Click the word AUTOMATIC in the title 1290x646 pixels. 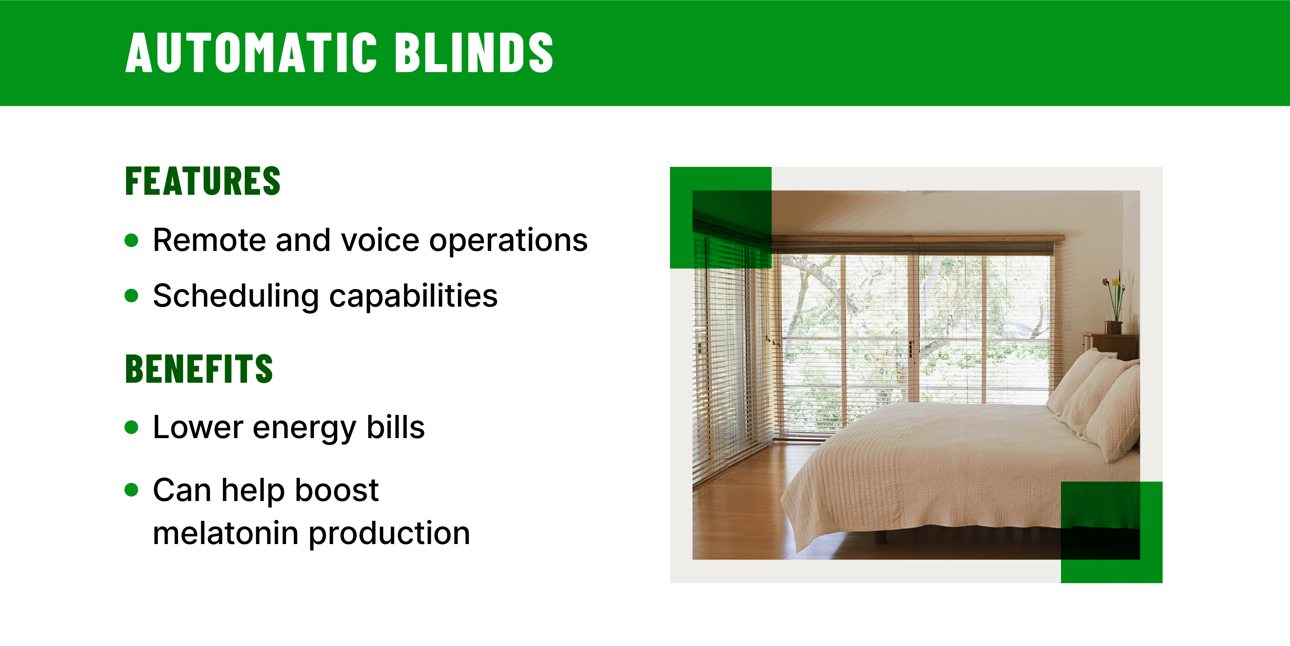click(251, 53)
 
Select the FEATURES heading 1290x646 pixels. click(202, 181)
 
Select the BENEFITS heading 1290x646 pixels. click(199, 369)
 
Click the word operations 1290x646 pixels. click(508, 241)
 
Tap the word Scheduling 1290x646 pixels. click(235, 296)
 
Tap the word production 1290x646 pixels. click(389, 534)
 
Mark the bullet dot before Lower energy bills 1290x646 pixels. click(131, 427)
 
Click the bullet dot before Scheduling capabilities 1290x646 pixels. click(131, 296)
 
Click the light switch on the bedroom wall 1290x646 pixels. click(1067, 325)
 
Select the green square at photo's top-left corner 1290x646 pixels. click(720, 217)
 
